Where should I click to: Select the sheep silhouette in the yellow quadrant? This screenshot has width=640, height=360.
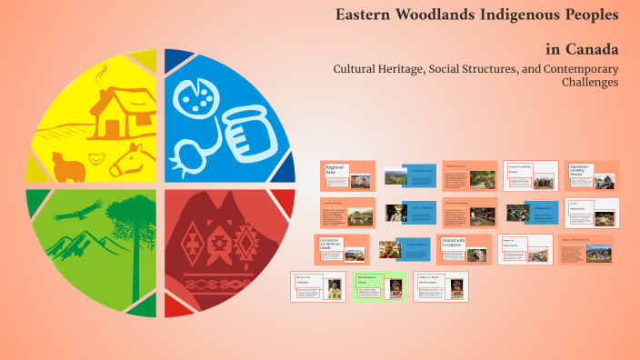(68, 165)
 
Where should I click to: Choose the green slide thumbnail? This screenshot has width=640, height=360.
(379, 285)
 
